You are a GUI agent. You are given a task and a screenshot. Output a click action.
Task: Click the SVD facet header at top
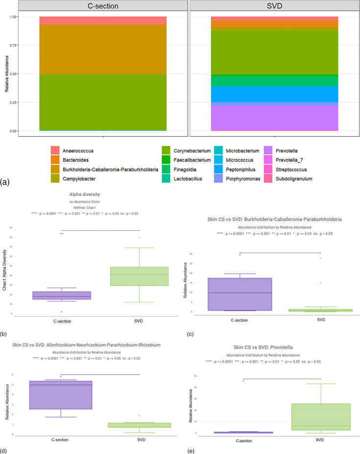point(274,6)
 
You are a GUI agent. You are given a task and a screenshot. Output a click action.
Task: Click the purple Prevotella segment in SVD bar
point(274,118)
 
